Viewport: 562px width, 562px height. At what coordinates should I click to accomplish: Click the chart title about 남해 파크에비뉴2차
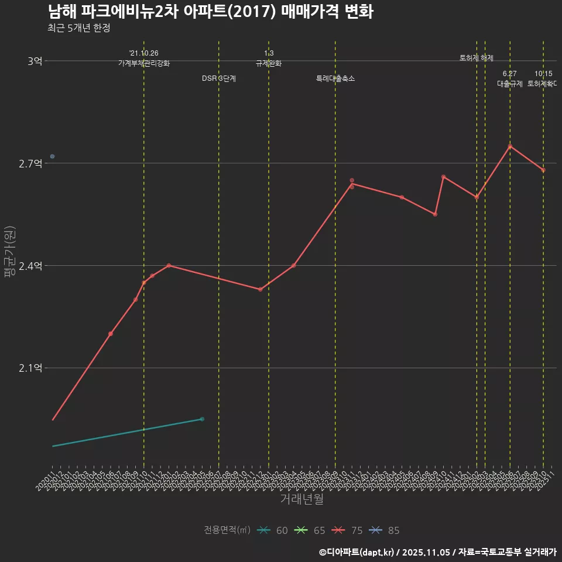click(x=210, y=12)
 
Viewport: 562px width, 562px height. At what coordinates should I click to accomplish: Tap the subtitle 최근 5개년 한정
click(x=78, y=28)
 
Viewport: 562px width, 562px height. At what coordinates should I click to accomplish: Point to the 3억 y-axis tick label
click(x=35, y=61)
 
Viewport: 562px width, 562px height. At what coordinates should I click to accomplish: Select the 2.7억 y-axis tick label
click(x=31, y=163)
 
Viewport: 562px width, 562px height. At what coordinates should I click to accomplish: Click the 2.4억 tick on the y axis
click(x=31, y=266)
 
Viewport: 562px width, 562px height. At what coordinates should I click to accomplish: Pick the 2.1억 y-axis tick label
click(x=31, y=368)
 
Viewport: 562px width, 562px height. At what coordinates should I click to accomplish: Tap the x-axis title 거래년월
click(x=301, y=499)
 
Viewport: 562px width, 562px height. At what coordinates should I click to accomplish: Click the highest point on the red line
click(x=510, y=146)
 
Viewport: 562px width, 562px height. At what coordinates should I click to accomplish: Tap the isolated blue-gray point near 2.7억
click(x=52, y=156)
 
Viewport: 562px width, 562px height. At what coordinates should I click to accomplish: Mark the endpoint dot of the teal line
click(x=202, y=419)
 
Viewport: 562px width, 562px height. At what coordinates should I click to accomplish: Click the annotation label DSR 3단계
click(x=219, y=78)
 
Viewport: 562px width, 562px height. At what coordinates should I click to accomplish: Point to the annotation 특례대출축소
click(x=335, y=78)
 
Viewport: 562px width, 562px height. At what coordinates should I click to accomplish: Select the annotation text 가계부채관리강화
click(x=144, y=63)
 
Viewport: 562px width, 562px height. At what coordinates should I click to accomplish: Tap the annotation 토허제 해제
click(x=477, y=58)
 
